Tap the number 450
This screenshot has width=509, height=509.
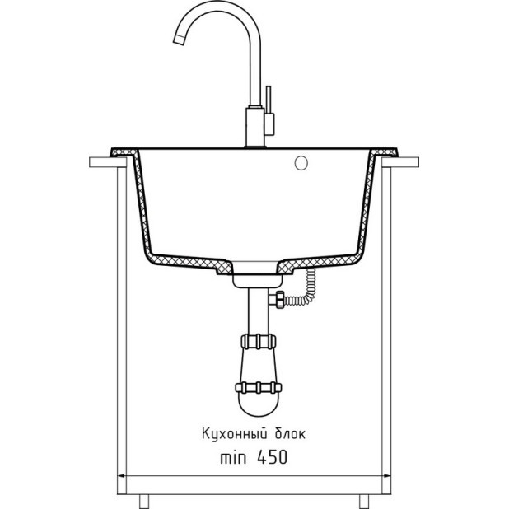click(272, 457)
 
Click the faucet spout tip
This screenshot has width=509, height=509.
click(178, 40)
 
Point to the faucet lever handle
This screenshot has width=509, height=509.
click(269, 100)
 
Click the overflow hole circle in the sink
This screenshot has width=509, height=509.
click(301, 163)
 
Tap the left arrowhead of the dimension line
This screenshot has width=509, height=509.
click(121, 476)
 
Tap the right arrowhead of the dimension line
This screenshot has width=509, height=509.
click(386, 476)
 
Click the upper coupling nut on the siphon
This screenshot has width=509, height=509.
click(259, 342)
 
